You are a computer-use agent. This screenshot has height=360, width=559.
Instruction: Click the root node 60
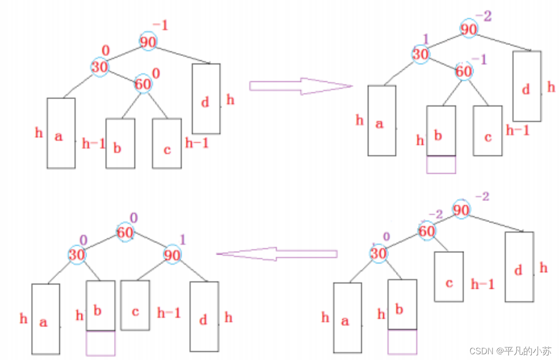(x=125, y=233)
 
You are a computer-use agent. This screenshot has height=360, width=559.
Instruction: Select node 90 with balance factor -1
(x=148, y=42)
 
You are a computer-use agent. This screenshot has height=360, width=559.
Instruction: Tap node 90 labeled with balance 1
(x=172, y=255)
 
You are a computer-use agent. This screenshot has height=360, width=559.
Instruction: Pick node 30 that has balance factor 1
(x=420, y=54)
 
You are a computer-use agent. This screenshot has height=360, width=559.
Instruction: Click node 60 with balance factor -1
(x=463, y=72)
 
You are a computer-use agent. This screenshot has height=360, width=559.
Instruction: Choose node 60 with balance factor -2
(x=426, y=231)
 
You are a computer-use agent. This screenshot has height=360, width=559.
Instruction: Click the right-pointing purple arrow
(x=301, y=86)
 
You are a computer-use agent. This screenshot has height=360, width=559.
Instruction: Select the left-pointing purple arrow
(x=276, y=254)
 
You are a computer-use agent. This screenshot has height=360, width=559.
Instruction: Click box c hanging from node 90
(x=135, y=305)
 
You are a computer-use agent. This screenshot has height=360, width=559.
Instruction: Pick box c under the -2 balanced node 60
(x=449, y=276)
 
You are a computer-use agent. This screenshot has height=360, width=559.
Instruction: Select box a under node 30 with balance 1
(x=382, y=120)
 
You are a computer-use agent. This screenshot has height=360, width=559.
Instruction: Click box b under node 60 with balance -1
(x=441, y=131)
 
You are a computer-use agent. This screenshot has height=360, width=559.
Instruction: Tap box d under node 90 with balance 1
(x=204, y=316)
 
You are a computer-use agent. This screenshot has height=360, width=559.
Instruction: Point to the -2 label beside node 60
(x=435, y=214)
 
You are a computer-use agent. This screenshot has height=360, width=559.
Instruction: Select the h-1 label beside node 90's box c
(x=169, y=313)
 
